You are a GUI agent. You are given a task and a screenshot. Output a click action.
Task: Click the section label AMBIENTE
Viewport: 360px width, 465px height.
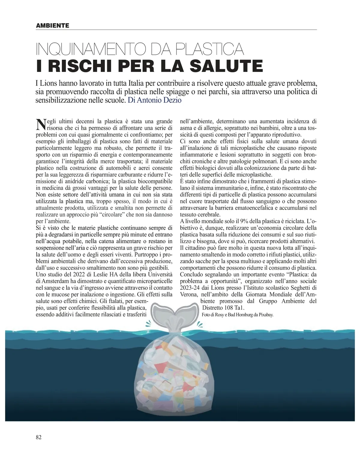[x=52, y=25]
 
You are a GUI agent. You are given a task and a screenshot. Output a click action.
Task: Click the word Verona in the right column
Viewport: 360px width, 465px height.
[x=187, y=294]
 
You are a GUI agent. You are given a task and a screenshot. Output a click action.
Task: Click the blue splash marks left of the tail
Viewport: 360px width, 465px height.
[x=148, y=323]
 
